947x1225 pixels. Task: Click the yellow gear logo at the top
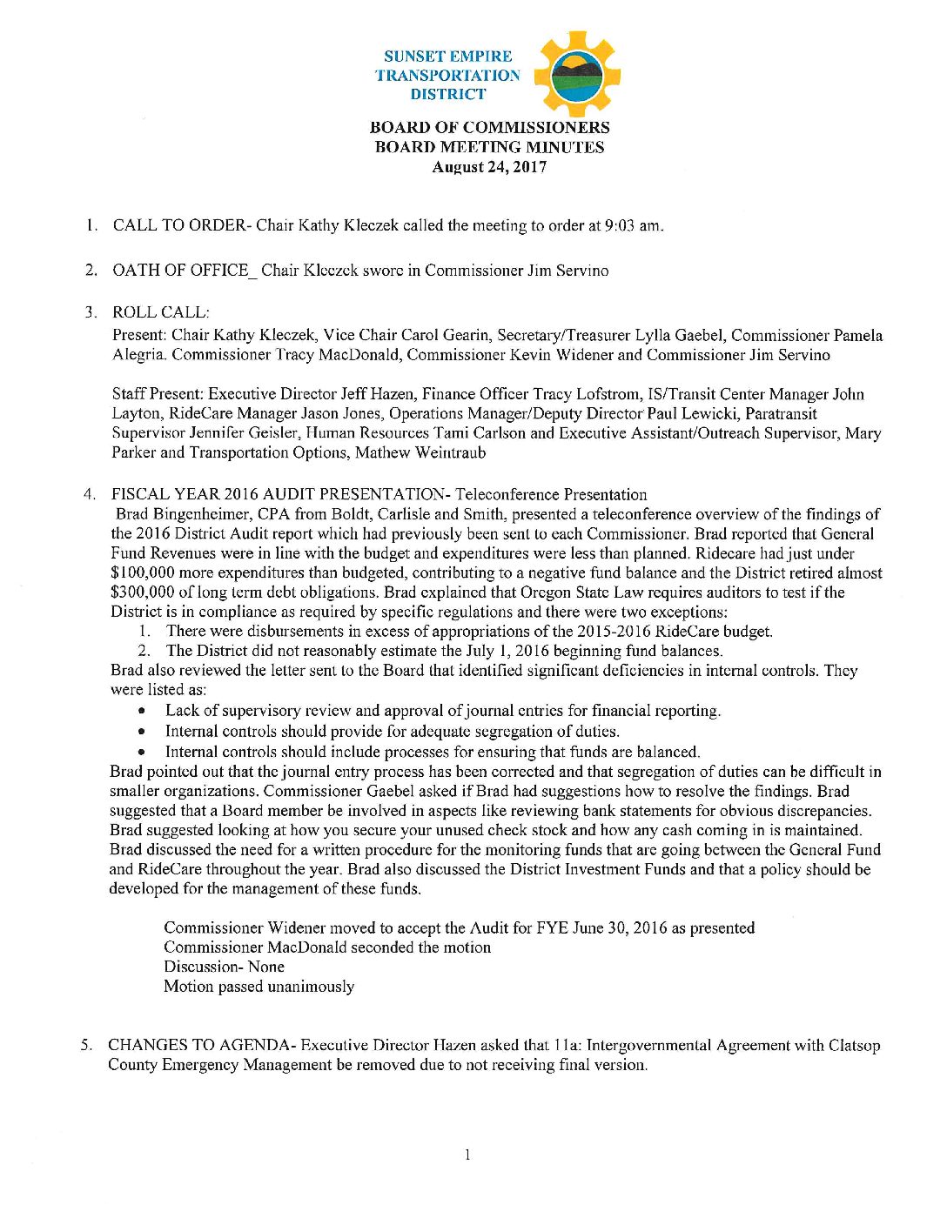(575, 75)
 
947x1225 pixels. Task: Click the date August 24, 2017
(489, 167)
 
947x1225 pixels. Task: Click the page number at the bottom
(467, 1155)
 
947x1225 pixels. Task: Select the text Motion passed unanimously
(259, 987)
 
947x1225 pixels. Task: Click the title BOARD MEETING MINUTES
(489, 147)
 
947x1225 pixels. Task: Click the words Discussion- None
(224, 967)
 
